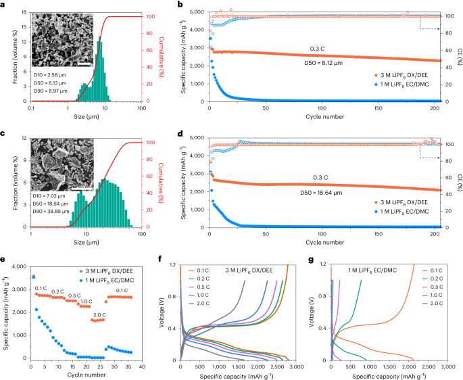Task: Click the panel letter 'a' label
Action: tap(4, 5)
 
